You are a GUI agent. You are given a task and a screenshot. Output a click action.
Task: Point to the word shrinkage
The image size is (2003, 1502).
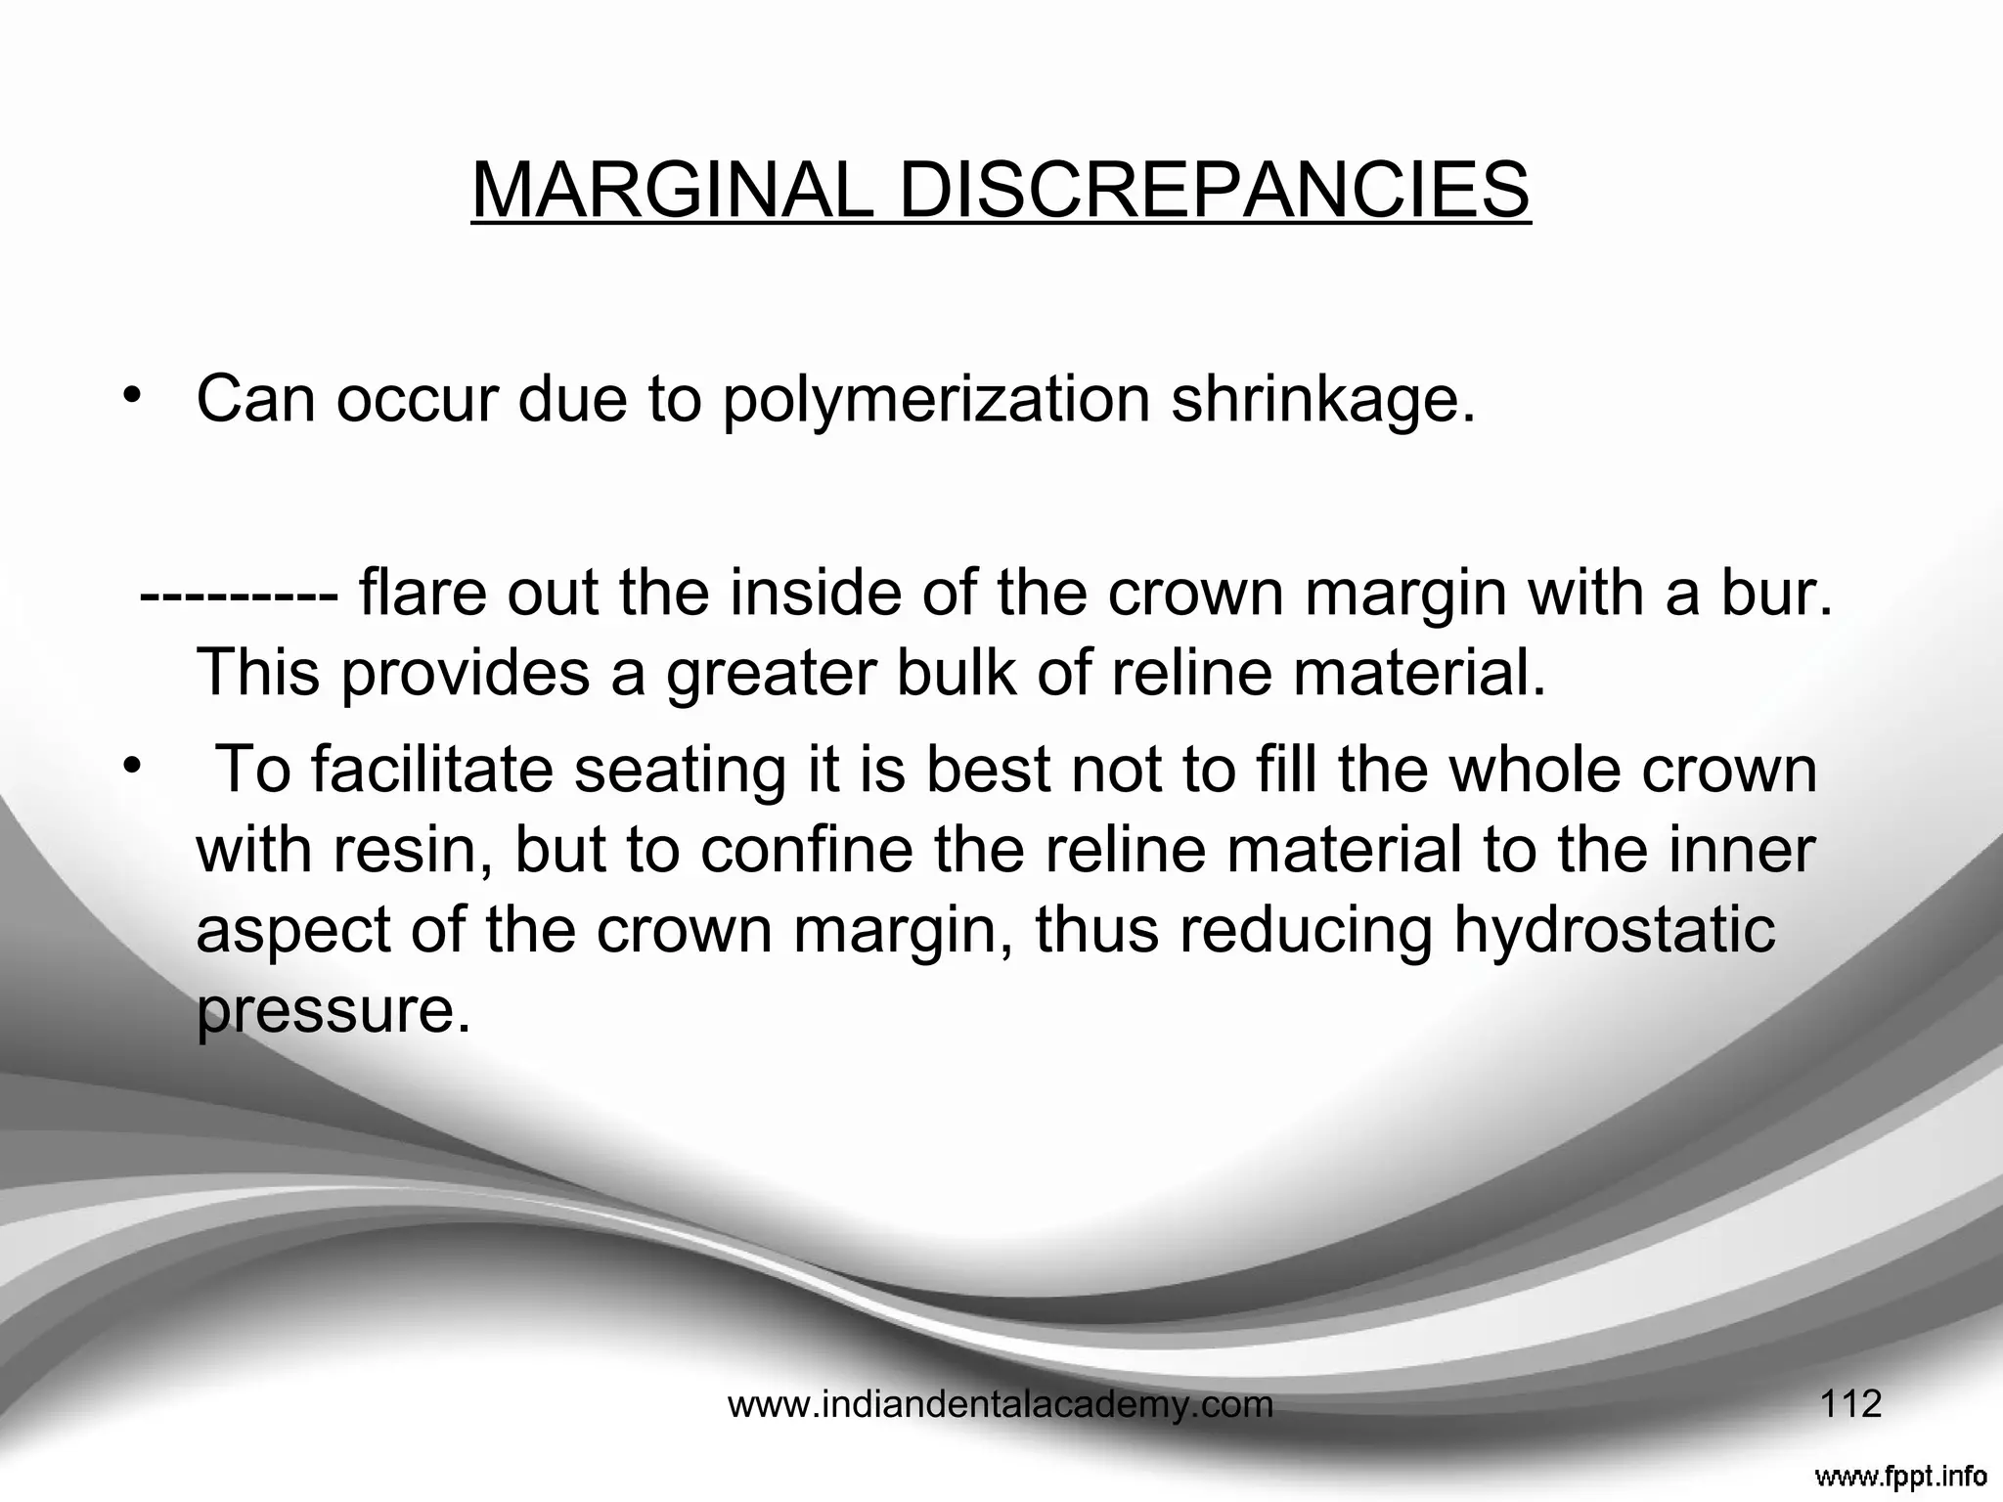(1323, 401)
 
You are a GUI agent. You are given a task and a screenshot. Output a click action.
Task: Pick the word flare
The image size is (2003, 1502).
(423, 594)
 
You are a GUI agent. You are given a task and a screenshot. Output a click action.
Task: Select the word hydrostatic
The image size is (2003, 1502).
(1614, 930)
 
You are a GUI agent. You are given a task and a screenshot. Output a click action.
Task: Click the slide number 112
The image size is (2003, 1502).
(1850, 1404)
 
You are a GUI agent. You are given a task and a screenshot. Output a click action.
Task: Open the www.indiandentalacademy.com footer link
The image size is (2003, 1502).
(1001, 1405)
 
